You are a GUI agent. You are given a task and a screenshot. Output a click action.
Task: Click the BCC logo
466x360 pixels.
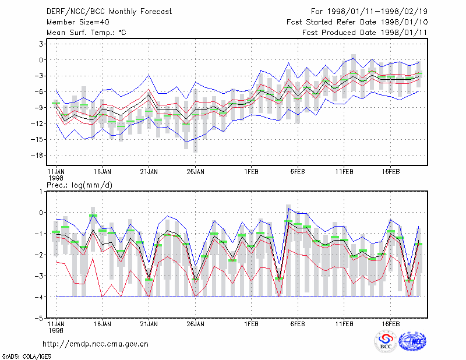386,341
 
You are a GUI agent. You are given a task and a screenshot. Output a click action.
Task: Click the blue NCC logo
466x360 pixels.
412,341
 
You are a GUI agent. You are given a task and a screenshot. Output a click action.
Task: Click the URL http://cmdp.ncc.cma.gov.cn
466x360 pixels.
96,344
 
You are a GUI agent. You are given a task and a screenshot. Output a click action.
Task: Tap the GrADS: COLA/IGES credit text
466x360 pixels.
26,357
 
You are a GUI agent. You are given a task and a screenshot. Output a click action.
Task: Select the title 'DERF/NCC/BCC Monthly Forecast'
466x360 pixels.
109,12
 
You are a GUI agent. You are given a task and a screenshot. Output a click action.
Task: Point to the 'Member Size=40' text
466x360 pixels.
78,22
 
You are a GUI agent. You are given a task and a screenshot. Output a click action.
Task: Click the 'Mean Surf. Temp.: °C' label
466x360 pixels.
86,33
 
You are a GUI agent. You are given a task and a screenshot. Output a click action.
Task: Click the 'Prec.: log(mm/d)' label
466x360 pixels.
79,185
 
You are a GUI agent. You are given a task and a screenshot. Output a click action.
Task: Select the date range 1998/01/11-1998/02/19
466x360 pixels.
369,11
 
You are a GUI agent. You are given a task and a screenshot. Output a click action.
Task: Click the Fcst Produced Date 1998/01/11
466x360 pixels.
365,33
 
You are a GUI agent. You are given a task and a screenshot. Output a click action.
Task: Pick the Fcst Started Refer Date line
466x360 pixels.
357,22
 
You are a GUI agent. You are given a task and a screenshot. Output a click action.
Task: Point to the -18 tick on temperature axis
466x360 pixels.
37,156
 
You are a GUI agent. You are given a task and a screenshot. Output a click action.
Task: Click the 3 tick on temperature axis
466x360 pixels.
41,44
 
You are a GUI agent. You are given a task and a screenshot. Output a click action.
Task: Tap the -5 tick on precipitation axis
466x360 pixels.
39,318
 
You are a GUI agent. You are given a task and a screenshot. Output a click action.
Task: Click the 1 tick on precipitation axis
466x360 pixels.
41,192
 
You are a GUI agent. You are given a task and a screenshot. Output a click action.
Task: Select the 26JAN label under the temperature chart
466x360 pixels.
195,172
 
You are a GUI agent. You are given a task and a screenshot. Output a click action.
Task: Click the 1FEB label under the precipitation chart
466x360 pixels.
251,324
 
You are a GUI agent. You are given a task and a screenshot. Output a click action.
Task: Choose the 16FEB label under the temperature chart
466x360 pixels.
390,172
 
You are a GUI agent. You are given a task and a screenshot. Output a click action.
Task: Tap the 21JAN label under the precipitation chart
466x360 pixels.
149,324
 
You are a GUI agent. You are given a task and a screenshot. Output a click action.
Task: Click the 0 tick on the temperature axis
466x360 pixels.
41,60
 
